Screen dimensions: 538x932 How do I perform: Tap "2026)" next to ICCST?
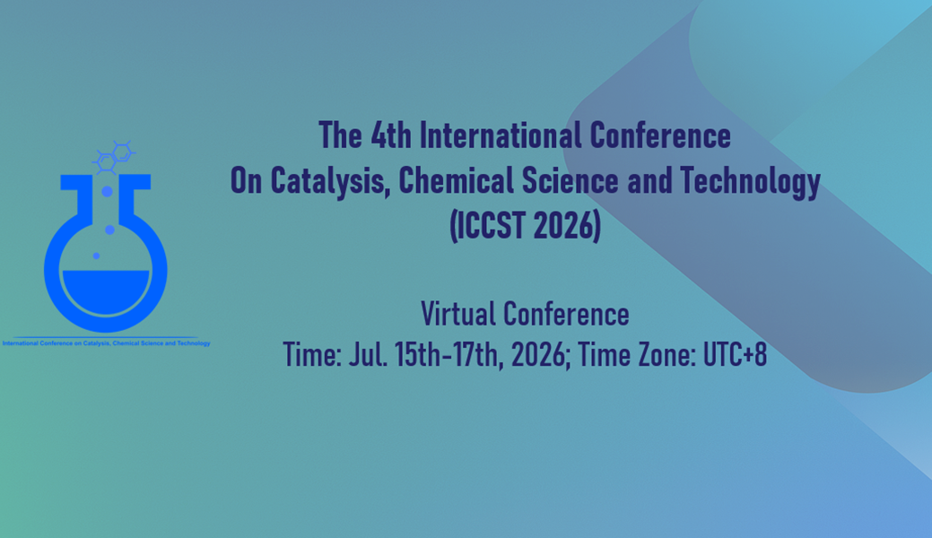[566, 227]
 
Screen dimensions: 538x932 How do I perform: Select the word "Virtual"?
[459, 314]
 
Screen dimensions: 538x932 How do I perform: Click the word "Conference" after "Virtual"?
[567, 314]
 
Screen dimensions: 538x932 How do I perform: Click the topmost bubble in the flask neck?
[107, 191]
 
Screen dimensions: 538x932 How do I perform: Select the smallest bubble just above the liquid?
[96, 256]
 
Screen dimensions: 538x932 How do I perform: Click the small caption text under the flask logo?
[106, 343]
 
